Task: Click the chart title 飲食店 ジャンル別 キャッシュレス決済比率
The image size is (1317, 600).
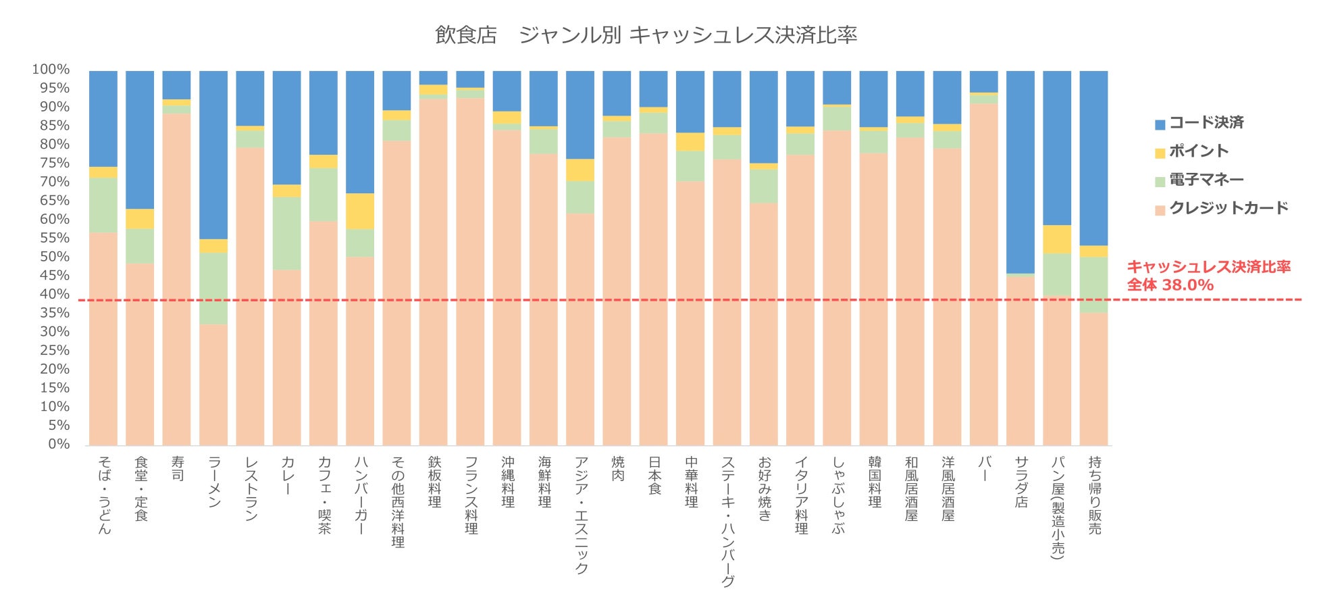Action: [x=646, y=35]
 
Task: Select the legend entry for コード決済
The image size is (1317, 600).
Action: [x=1206, y=123]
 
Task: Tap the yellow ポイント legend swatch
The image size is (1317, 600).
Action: [x=1160, y=153]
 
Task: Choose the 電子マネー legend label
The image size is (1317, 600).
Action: [x=1206, y=180]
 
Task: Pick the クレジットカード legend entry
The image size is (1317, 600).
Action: [x=1229, y=208]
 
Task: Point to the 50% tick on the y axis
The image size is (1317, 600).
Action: [x=55, y=257]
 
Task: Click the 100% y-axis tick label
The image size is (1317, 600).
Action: [x=51, y=70]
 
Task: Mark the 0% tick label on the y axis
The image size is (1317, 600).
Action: [x=59, y=444]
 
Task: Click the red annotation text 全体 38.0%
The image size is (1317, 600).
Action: [x=1170, y=285]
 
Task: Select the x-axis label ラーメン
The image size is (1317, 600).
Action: [x=214, y=482]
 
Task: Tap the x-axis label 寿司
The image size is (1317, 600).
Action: [x=178, y=468]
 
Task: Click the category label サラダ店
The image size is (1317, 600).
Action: [x=1021, y=482]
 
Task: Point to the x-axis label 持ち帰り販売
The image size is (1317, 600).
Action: [x=1094, y=495]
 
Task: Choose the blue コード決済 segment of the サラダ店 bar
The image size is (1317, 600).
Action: [x=1021, y=172]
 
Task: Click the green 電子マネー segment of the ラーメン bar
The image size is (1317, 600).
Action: [x=213, y=289]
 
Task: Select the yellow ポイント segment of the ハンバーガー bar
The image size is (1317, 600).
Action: [x=360, y=211]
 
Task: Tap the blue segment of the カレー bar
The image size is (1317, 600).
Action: [x=287, y=128]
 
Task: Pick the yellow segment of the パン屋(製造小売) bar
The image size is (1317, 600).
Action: [x=1057, y=239]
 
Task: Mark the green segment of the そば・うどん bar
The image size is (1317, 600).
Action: [x=103, y=205]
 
